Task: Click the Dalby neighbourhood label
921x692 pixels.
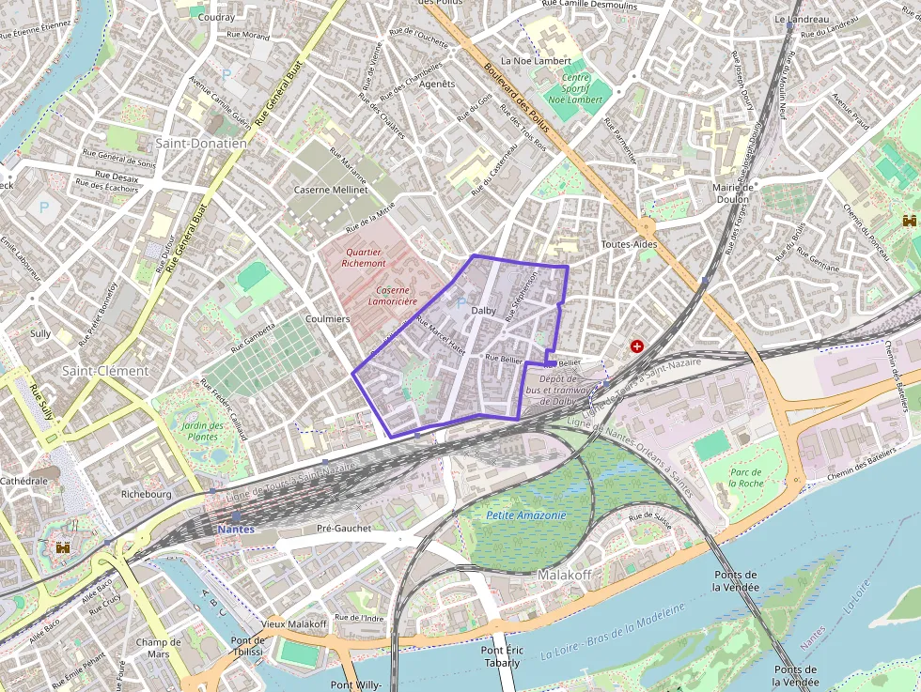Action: [x=483, y=311]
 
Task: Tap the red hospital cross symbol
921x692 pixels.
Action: [x=638, y=346]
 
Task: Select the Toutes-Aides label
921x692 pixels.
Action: [x=629, y=244]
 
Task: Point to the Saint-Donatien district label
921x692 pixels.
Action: [x=200, y=144]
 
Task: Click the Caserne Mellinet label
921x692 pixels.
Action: [x=331, y=190]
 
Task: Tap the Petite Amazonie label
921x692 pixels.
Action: [x=526, y=515]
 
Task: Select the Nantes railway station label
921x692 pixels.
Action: [x=235, y=530]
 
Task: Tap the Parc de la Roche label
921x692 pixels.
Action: [x=745, y=477]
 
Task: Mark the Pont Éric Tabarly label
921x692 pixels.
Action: [x=500, y=656]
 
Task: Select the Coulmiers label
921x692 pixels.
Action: [x=327, y=319]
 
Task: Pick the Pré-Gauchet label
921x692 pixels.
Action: [x=344, y=528]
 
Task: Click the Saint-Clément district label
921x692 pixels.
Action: [x=105, y=371]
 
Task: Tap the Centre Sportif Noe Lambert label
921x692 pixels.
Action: [x=574, y=88]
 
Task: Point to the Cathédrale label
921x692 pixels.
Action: [x=23, y=481]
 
